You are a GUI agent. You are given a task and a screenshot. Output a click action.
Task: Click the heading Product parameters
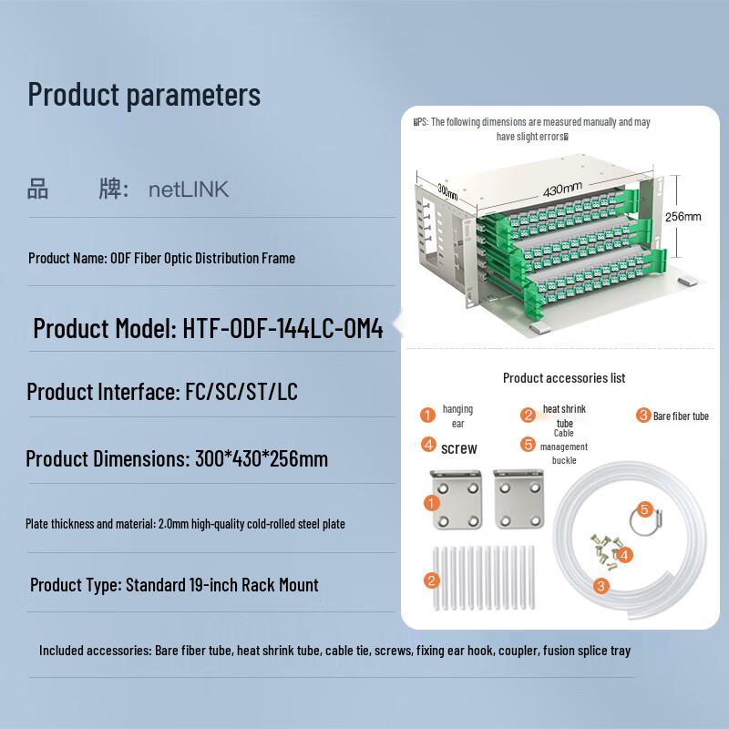(144, 94)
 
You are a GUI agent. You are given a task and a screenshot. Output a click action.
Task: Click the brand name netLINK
(189, 190)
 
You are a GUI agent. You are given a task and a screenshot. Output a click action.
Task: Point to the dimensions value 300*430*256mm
(262, 458)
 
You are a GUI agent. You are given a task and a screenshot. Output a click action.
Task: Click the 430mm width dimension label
(562, 190)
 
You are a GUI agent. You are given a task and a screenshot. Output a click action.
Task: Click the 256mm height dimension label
(683, 217)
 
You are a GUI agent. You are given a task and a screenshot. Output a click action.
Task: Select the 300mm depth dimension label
(447, 192)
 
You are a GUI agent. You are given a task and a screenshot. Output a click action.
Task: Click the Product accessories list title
(564, 377)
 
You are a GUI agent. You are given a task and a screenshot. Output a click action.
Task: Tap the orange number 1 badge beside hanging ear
(427, 416)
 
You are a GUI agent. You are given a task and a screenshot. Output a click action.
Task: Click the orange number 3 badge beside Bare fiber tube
(643, 416)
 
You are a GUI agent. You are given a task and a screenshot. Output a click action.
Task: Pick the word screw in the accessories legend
(458, 447)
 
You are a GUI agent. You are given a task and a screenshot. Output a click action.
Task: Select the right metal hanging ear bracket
(517, 498)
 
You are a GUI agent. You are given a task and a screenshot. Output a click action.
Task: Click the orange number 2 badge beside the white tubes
(432, 580)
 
